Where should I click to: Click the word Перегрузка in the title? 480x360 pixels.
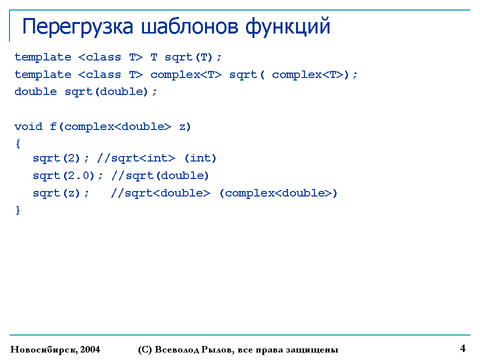coord(78,27)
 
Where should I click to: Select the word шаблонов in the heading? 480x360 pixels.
coord(189,26)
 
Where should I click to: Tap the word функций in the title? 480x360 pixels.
coord(288,26)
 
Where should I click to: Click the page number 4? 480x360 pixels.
coord(463,348)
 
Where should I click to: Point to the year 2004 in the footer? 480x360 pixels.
coord(90,349)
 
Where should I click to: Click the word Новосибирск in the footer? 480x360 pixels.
coord(44,349)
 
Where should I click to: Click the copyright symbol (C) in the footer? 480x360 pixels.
coord(145,349)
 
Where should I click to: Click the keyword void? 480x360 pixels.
coord(28,126)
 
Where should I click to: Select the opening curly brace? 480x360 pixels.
coord(18,144)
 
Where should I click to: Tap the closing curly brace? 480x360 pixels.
coord(18,210)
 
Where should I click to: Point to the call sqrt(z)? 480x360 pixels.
coord(56,193)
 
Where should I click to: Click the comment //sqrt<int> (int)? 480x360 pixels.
coord(156,158)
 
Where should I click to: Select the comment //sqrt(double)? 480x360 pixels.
coord(160,175)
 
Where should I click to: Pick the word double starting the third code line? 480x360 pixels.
coord(35,91)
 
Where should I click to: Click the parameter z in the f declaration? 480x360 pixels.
coord(182,127)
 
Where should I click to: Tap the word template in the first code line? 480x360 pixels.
coord(43,57)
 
